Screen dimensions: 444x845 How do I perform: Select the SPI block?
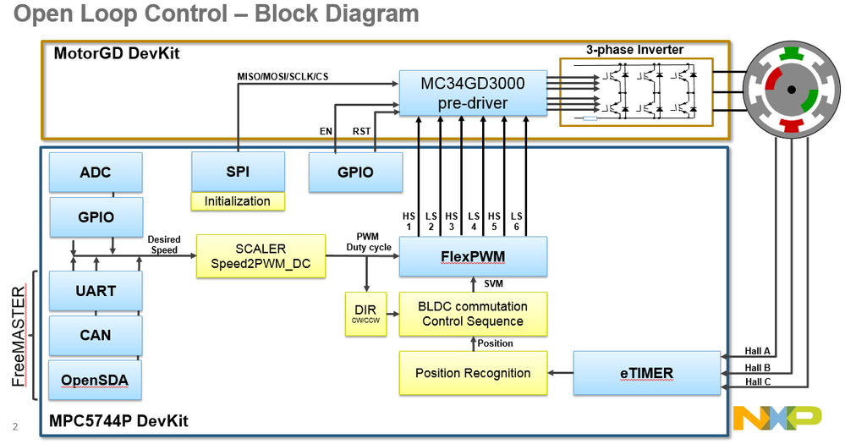pyautogui.click(x=238, y=172)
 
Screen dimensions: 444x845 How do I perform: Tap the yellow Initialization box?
pyautogui.click(x=238, y=201)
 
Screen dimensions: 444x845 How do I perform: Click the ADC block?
pyautogui.click(x=96, y=172)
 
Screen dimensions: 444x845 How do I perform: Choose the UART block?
pyautogui.click(x=96, y=291)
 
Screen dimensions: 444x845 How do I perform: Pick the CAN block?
pyautogui.click(x=96, y=335)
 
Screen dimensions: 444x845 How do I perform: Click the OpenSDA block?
pyautogui.click(x=96, y=380)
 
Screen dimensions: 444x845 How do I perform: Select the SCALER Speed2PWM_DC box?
pyautogui.click(x=261, y=256)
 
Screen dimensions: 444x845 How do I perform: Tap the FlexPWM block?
pyautogui.click(x=473, y=256)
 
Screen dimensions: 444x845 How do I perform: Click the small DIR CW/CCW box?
pyautogui.click(x=365, y=314)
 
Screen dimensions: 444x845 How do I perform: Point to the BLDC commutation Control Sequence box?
pyautogui.click(x=473, y=314)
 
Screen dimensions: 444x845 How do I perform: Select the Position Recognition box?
pyautogui.click(x=473, y=373)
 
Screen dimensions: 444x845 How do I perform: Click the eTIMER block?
pyautogui.click(x=646, y=373)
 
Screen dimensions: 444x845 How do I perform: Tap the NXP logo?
pyautogui.click(x=776, y=417)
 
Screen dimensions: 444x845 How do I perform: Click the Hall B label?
pyautogui.click(x=758, y=368)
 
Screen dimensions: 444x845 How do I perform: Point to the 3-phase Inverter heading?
pyautogui.click(x=634, y=50)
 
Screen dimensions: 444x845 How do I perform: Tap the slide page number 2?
pyautogui.click(x=14, y=425)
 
